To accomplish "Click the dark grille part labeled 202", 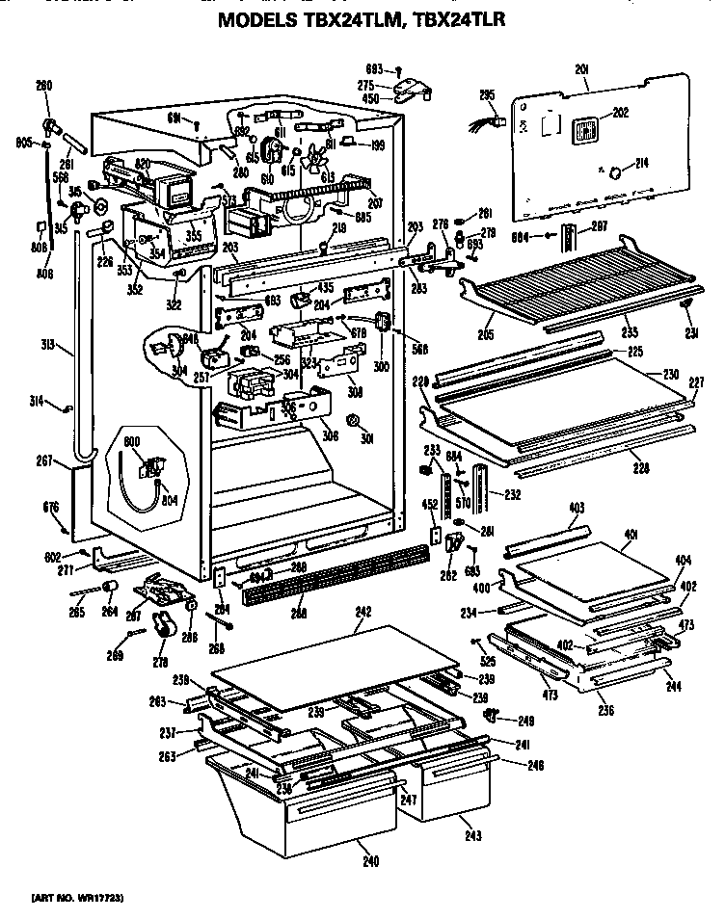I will [581, 128].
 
